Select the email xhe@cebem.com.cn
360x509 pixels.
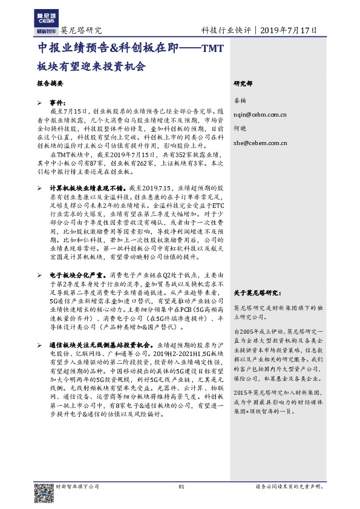[x=260, y=144]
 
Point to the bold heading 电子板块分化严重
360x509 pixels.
[x=79, y=274]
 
